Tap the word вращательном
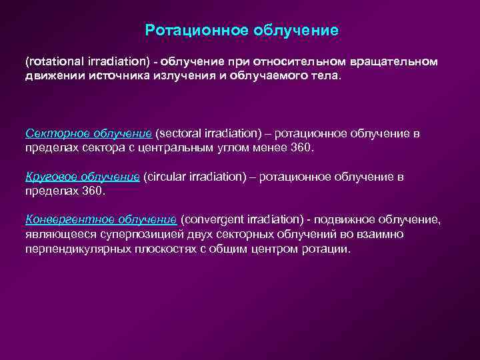click(x=399, y=61)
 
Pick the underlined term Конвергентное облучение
click(x=101, y=219)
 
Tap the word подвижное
click(x=351, y=219)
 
